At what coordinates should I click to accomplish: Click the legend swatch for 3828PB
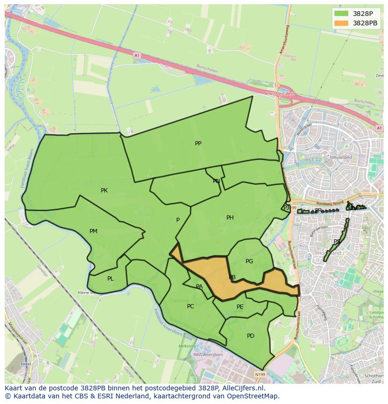(342, 23)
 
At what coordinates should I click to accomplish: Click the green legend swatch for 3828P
(342, 14)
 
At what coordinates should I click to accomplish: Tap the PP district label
(198, 144)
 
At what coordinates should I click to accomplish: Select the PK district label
(104, 191)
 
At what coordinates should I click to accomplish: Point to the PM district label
(93, 231)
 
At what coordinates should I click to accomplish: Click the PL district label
(110, 279)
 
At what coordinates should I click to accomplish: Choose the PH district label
(230, 218)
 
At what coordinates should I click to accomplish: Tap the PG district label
(249, 261)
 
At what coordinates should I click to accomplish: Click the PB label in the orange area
(232, 278)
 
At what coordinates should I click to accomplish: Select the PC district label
(190, 306)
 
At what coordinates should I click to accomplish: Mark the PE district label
(240, 307)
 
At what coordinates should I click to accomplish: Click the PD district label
(250, 336)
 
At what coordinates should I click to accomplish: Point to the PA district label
(199, 287)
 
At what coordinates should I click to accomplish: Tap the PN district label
(216, 181)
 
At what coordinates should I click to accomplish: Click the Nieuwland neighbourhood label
(340, 158)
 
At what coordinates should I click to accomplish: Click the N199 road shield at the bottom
(260, 374)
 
